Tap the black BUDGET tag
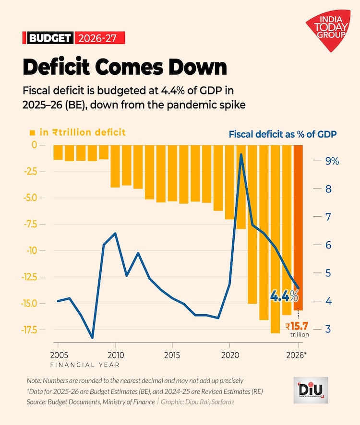(x=50, y=38)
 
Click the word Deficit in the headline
(x=56, y=67)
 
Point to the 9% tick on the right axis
(x=332, y=161)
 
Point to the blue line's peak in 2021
(x=241, y=154)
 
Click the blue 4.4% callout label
(x=285, y=296)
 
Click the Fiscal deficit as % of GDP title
(x=283, y=134)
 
